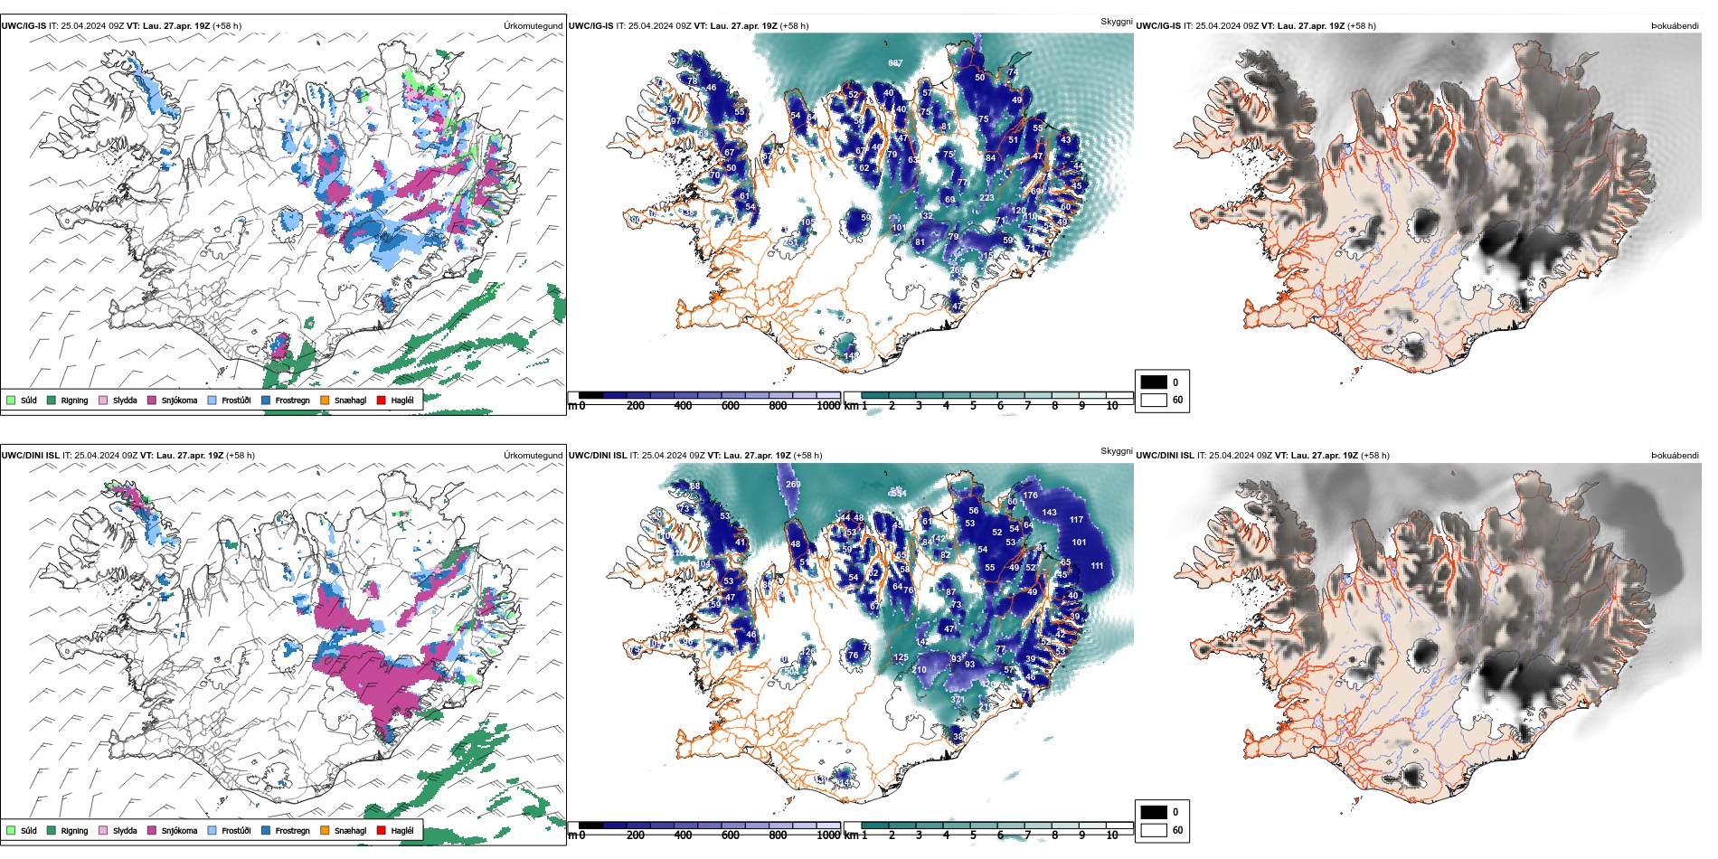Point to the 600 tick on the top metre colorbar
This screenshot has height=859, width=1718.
click(730, 406)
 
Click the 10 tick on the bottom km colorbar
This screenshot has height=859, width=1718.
click(1112, 835)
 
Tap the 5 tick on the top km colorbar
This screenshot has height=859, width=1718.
click(973, 406)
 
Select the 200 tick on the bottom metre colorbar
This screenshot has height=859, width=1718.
click(636, 835)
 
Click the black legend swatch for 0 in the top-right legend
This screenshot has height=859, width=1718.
click(1154, 382)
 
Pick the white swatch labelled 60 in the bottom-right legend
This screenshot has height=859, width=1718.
click(1154, 829)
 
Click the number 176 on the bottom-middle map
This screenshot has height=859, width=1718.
click(1030, 496)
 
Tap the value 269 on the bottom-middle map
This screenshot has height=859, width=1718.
click(793, 485)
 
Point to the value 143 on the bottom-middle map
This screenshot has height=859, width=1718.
click(1049, 513)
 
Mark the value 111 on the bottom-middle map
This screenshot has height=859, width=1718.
click(1097, 566)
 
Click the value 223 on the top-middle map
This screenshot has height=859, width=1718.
click(986, 198)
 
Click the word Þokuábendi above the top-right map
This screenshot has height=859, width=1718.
click(1675, 26)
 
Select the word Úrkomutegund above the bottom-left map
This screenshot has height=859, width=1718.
click(533, 456)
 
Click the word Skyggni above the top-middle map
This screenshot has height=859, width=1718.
click(1116, 22)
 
